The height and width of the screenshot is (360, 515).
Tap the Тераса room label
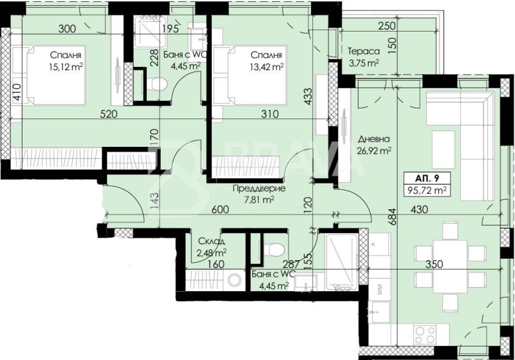click(364, 52)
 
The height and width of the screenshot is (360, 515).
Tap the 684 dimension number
click(390, 217)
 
